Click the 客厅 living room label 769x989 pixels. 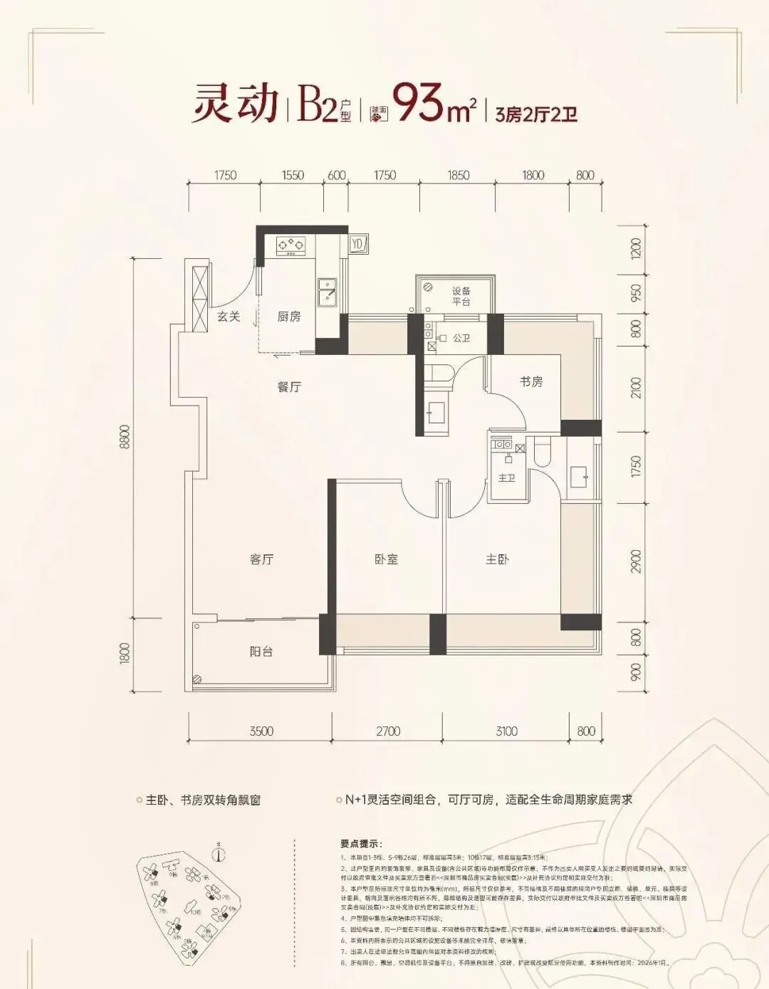262,559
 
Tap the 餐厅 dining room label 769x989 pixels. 289,387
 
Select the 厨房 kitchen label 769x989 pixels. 289,317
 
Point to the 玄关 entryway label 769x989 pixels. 229,317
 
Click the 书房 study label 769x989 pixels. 531,382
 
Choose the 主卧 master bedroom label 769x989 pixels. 497,559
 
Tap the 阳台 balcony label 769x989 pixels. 261,651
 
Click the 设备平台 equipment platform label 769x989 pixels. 461,296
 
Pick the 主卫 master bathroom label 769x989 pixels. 506,477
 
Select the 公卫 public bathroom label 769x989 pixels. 461,338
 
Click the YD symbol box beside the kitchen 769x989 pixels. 357,244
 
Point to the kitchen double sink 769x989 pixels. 328,294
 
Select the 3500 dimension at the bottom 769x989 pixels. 261,731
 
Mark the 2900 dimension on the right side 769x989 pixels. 636,561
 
